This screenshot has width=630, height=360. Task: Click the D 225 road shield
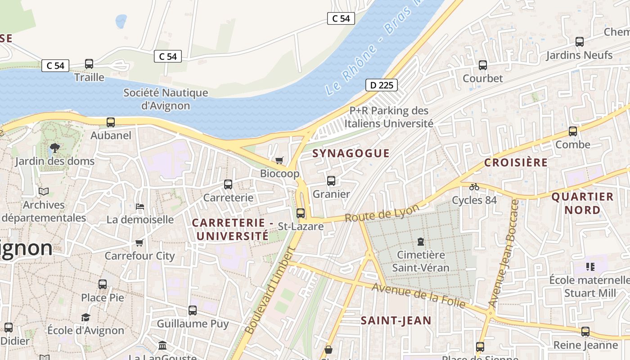point(381,85)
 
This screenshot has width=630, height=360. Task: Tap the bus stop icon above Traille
point(89,64)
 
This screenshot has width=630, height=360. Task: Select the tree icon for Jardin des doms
point(55,148)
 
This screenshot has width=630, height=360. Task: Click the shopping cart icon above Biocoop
point(279,160)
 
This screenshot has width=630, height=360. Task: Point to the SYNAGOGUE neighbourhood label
point(351,153)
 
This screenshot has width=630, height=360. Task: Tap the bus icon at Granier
point(331,181)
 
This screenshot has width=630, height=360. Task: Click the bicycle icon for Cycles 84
point(474,186)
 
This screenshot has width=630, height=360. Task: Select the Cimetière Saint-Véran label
point(420,261)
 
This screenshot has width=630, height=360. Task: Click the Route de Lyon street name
point(382,212)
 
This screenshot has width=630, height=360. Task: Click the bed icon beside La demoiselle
point(140,207)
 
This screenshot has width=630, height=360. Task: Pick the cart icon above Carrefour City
point(139,243)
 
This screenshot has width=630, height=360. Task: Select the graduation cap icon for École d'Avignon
point(85,317)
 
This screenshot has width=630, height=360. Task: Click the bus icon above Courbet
point(483,65)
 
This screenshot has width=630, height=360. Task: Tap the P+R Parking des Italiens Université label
point(389,117)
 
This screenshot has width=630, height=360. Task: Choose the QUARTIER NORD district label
point(582,203)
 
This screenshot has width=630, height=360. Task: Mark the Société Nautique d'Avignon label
point(166,99)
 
